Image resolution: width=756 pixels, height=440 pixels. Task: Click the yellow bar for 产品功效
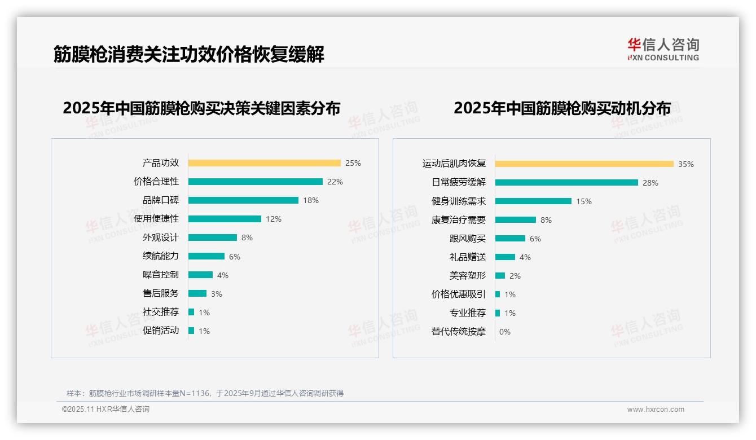pyautogui.click(x=264, y=163)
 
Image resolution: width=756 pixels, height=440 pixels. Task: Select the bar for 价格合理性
pyautogui.click(x=255, y=182)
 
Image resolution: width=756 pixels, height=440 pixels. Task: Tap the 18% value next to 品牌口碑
pyautogui.click(x=311, y=200)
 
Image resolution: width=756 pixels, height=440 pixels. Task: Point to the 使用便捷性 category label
pyautogui.click(x=156, y=219)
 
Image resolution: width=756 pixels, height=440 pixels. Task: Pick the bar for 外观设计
pyautogui.click(x=212, y=237)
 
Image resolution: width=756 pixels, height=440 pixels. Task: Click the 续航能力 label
pyautogui.click(x=161, y=256)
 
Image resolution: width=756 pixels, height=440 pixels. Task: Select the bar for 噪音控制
pyautogui.click(x=200, y=275)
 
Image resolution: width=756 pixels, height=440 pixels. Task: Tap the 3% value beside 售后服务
pyautogui.click(x=217, y=293)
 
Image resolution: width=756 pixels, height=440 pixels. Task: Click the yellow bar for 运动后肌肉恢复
pyautogui.click(x=584, y=164)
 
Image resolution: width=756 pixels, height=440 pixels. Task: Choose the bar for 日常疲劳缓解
pyautogui.click(x=566, y=183)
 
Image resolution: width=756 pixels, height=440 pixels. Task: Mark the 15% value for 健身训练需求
pyautogui.click(x=584, y=201)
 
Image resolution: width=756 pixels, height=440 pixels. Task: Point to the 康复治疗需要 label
pyautogui.click(x=459, y=220)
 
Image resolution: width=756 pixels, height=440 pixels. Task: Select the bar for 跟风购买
pyautogui.click(x=510, y=239)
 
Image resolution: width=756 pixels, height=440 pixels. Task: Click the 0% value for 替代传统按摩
pyautogui.click(x=505, y=332)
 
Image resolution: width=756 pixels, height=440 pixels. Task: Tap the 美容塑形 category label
pyautogui.click(x=468, y=276)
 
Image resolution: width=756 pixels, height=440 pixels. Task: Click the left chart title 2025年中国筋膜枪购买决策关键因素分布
pyautogui.click(x=201, y=108)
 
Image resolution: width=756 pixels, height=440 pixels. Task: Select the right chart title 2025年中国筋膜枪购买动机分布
pyautogui.click(x=562, y=108)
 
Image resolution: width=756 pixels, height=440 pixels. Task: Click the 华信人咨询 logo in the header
pyautogui.click(x=663, y=50)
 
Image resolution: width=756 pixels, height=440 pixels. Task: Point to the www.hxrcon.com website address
pyautogui.click(x=656, y=410)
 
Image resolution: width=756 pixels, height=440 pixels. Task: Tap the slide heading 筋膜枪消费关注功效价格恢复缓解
pyautogui.click(x=189, y=55)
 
